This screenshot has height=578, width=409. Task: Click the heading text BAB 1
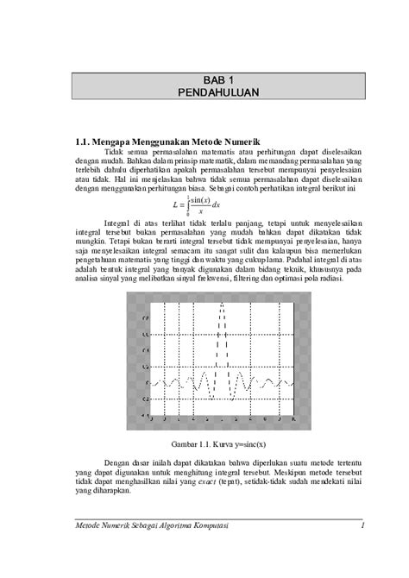coord(219,79)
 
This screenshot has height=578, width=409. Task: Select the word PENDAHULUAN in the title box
coord(219,91)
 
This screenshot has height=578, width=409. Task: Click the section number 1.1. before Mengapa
coord(85,141)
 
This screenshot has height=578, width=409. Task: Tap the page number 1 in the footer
coord(364,526)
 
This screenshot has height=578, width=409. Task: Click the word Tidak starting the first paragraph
coord(116,152)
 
